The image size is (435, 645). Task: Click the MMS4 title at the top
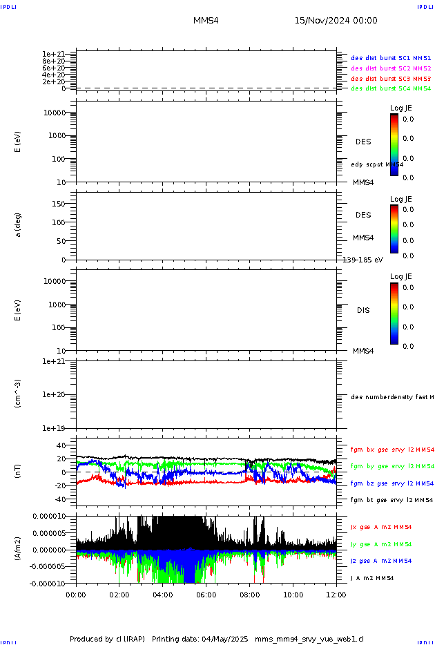206,21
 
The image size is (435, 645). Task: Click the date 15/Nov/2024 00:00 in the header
336,21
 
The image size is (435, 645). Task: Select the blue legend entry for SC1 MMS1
391,59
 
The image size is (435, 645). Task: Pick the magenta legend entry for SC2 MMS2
391,68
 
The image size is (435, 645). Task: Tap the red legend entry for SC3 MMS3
391,79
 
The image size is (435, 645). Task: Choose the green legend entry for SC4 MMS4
391,88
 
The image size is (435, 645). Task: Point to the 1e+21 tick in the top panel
53,54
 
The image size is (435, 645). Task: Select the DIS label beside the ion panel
363,310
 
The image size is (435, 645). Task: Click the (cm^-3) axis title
19,393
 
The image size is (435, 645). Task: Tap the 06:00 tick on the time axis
206,594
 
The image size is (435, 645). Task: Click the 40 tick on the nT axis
61,445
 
